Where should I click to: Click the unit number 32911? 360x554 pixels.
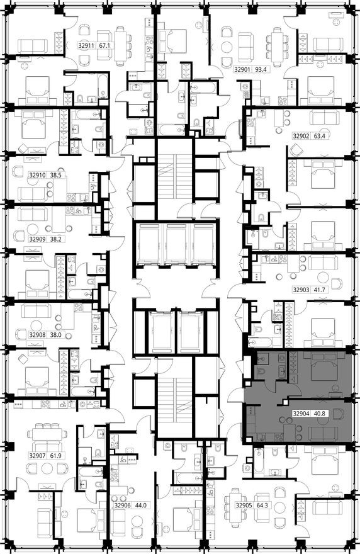click(86, 46)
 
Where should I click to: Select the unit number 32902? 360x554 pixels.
click(301, 135)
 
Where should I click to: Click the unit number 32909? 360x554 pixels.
click(38, 239)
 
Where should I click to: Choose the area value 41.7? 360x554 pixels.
click(320, 290)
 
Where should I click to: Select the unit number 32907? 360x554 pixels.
click(38, 455)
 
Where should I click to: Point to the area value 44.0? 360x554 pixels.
click(139, 505)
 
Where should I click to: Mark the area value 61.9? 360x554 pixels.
click(58, 455)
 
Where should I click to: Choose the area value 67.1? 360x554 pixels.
click(104, 46)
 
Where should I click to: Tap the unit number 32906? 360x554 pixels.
click(121, 505)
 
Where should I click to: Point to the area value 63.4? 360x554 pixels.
click(320, 135)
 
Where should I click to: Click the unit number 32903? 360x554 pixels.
click(301, 290)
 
